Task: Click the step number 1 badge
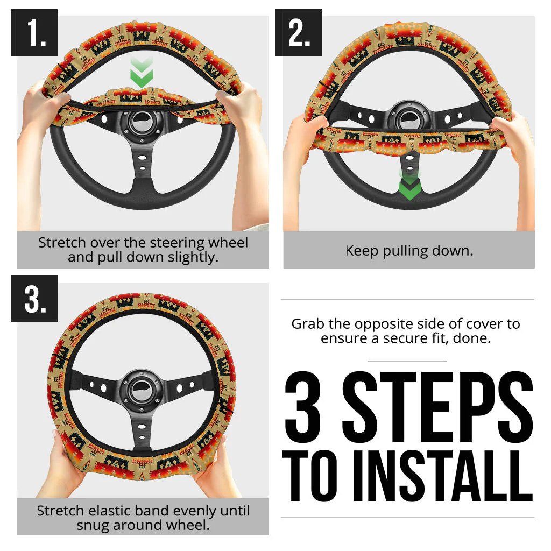[x=34, y=33]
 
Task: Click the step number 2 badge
[x=299, y=33]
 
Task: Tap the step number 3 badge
[x=34, y=299]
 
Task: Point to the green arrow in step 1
[x=142, y=74]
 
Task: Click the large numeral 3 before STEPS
[x=305, y=406]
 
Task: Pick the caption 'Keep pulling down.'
[x=409, y=251]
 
